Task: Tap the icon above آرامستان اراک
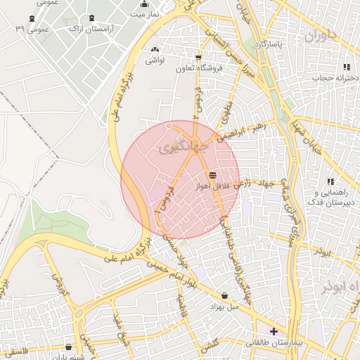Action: [92, 18]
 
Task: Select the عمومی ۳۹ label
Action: [30, 29]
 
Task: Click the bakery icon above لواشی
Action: [155, 49]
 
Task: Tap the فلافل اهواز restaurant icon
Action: [212, 174]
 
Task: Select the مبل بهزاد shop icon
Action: [224, 296]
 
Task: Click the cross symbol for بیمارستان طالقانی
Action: [274, 330]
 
